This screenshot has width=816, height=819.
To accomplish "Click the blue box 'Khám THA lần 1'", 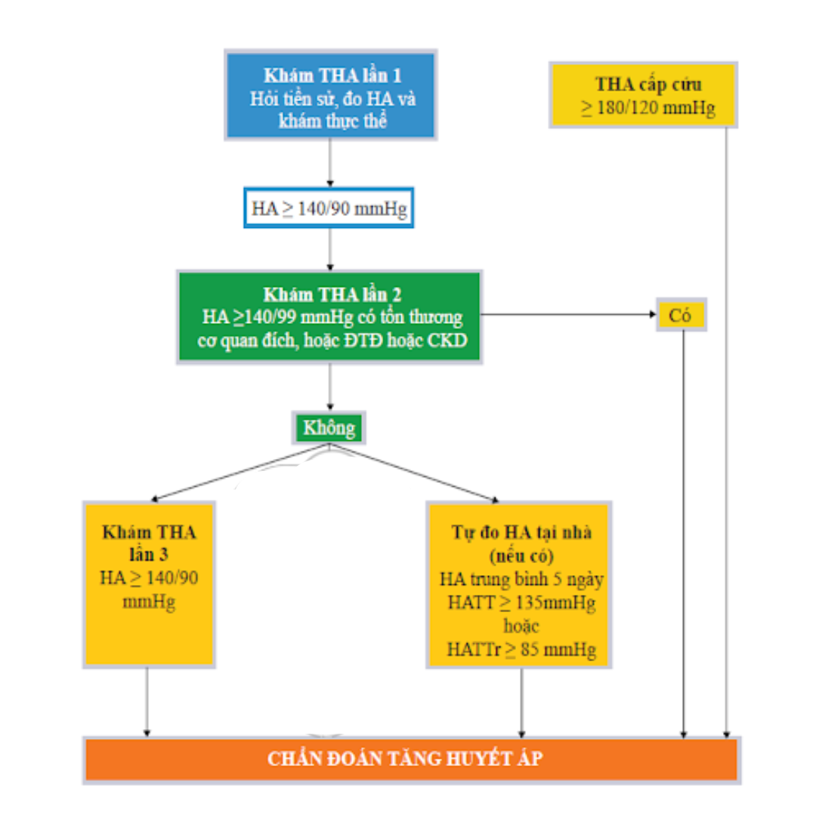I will (x=330, y=96).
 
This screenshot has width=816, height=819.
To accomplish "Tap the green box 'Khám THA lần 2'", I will (x=329, y=317).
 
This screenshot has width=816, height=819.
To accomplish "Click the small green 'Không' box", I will (x=329, y=428).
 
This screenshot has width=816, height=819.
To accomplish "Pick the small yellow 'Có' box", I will (x=681, y=316).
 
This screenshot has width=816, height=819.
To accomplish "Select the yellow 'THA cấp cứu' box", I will (x=644, y=94).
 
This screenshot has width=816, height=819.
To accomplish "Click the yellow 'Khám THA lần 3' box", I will (x=149, y=582).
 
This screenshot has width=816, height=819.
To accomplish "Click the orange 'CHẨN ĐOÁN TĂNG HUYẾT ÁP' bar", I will (x=411, y=759).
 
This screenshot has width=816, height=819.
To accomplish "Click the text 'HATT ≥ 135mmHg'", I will (x=520, y=605).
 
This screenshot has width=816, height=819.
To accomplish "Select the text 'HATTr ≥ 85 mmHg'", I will (x=520, y=649).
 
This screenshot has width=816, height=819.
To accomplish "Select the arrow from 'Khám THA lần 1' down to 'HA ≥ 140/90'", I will (x=329, y=162).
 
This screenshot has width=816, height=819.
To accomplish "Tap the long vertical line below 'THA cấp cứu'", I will (x=726, y=430).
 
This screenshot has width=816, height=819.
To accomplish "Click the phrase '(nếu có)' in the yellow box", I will (x=520, y=557).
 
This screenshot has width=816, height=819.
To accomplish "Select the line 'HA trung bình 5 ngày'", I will (x=520, y=580).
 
